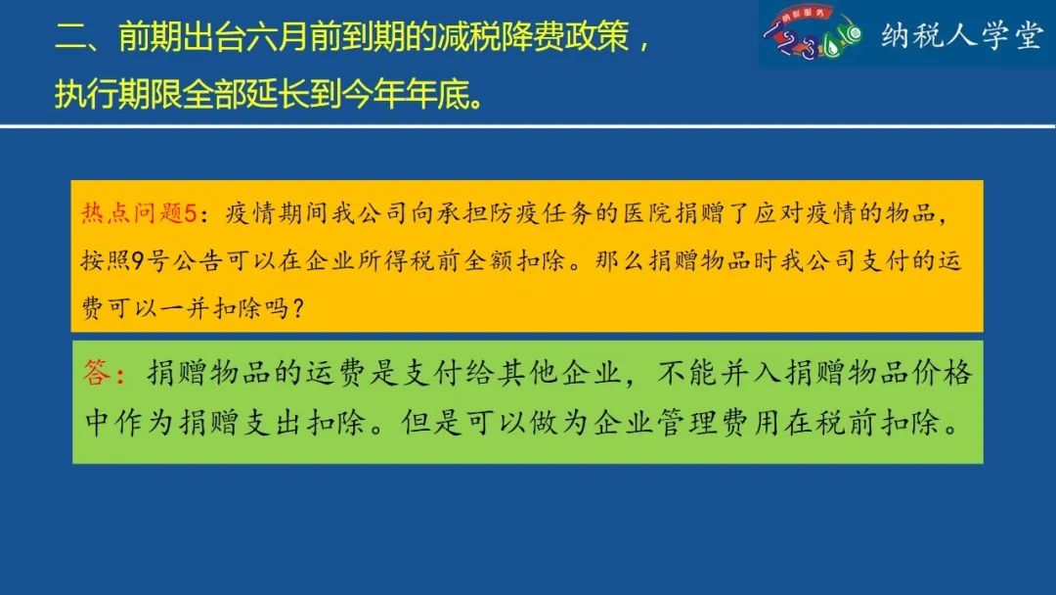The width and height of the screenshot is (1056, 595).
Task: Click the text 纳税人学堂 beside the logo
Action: [x=962, y=35]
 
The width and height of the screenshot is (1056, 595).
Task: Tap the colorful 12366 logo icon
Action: [x=813, y=32]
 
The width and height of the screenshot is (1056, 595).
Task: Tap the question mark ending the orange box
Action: [x=298, y=308]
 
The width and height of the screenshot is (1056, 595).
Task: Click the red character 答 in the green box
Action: [x=96, y=372]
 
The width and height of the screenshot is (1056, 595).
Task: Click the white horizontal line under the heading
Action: [x=528, y=126]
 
